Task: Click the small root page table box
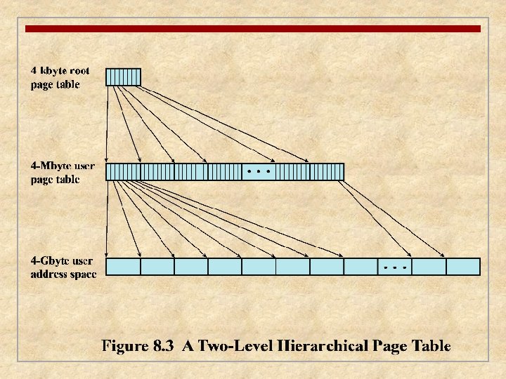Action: pos(123,77)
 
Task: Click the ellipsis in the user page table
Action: pos(259,171)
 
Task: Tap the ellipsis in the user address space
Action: pos(395,267)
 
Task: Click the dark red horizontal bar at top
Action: pos(253,29)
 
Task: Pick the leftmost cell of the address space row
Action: pos(123,267)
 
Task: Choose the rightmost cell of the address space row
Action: pos(463,267)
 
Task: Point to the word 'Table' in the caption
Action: pos(430,345)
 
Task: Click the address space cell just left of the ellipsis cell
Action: pos(361,267)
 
